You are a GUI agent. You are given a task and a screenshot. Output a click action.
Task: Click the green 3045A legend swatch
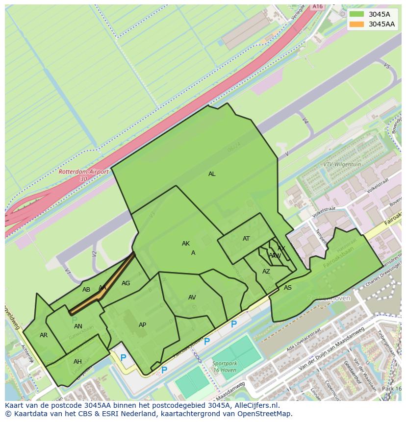pos(357,14)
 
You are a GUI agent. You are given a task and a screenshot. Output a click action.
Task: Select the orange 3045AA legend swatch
pos(357,24)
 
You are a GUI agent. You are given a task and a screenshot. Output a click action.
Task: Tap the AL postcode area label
pos(212,174)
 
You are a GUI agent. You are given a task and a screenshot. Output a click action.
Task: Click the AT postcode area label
pos(246,239)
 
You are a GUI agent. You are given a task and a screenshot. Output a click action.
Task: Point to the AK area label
pos(186,244)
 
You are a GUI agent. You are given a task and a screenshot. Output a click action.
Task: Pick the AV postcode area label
pos(192,298)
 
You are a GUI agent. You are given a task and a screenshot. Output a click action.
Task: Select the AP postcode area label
pos(142,325)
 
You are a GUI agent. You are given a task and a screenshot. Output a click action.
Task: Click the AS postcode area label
pos(288,288)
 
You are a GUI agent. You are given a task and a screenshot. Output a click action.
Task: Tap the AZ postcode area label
pos(266,272)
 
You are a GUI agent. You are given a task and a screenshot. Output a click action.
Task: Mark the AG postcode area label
pos(126,283)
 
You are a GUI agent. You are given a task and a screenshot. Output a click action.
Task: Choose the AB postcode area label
pos(86,290)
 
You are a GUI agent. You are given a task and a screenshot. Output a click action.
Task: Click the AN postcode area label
pos(78,326)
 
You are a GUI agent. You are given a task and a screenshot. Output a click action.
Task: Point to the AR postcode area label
pos(44,335)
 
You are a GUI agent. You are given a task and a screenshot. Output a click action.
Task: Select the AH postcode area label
pos(77,362)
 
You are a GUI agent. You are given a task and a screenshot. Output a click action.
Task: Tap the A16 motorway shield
pos(318,6)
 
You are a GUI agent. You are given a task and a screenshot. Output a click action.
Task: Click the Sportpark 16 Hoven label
pos(225,367)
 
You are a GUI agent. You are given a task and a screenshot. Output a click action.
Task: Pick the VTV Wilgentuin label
pos(343,165)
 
